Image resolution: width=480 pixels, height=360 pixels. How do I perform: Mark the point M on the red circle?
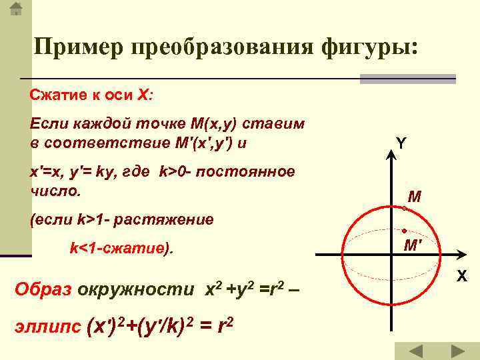404,209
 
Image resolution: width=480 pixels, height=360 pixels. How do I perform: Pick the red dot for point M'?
404,231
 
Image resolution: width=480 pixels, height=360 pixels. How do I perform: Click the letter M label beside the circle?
415,197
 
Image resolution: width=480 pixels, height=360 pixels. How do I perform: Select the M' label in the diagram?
413,245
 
